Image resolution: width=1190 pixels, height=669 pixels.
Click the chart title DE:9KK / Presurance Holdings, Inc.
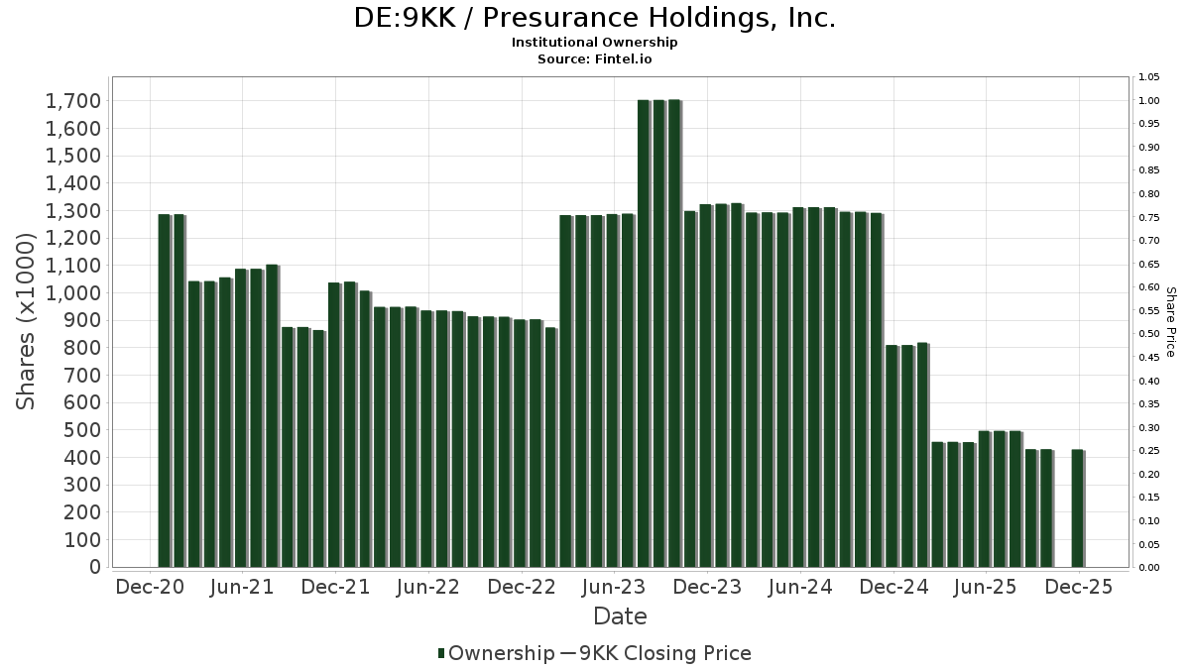[x=595, y=18]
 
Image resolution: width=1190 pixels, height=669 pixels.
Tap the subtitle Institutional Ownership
[x=595, y=43]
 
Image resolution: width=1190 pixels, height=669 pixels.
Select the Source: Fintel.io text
[x=595, y=58]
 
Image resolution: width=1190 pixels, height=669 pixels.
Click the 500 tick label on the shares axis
[x=81, y=430]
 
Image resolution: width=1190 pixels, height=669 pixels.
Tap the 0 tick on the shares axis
[x=95, y=567]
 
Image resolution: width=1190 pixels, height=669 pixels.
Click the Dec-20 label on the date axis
[x=150, y=587]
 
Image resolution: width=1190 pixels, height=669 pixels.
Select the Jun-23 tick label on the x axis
[x=614, y=587]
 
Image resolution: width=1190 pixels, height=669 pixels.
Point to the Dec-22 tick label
[x=522, y=587]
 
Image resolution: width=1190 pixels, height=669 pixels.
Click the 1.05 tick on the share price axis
[x=1149, y=77]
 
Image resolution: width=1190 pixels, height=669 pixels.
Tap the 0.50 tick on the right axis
[x=1149, y=334]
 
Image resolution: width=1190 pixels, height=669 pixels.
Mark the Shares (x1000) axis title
[x=27, y=321]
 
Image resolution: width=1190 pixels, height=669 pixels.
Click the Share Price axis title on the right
[x=1170, y=322]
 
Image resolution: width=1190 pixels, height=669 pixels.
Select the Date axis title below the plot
[x=620, y=616]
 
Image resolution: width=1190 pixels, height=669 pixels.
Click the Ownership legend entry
[x=496, y=653]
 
